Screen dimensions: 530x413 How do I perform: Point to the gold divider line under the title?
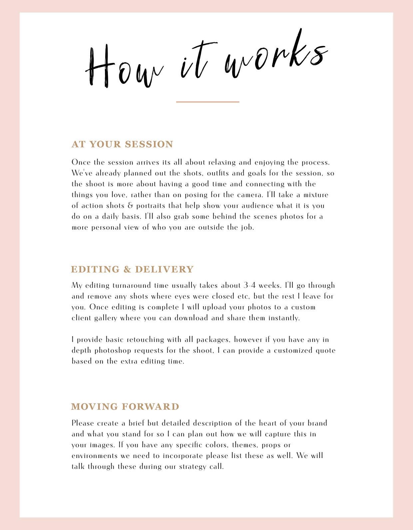pos(207,102)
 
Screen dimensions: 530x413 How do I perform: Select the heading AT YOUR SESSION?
pos(122,144)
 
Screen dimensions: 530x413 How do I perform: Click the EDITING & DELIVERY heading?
pos(132,269)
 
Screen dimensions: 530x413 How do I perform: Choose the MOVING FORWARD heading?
pos(125,406)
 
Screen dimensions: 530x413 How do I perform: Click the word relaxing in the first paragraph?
pos(222,163)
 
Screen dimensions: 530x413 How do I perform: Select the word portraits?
pos(150,206)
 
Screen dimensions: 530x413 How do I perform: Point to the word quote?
pos(325,350)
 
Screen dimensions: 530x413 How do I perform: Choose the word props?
pos(272,445)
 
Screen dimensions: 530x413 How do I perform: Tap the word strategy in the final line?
pos(193,467)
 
